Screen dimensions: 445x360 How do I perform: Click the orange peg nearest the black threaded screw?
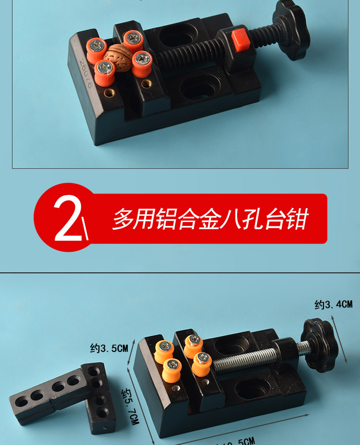[142, 63]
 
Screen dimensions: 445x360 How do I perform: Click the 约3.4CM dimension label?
[333, 304]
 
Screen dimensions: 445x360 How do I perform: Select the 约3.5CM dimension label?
[109, 348]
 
